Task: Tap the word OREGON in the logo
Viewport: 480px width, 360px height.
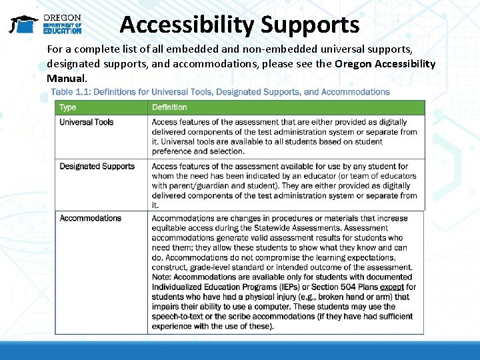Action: click(x=62, y=18)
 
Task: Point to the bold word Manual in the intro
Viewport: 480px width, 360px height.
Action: click(x=66, y=78)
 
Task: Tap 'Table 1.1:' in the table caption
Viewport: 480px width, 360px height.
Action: click(x=71, y=92)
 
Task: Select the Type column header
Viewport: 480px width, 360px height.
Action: click(x=68, y=107)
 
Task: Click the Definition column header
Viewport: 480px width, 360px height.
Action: click(x=169, y=107)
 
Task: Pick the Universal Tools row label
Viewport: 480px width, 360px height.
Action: click(x=87, y=123)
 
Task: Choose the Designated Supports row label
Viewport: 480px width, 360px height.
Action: click(x=97, y=167)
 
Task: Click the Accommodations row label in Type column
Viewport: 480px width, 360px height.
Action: click(x=91, y=219)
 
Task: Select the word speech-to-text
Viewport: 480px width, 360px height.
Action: click(x=179, y=317)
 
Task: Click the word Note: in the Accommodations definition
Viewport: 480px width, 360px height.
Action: click(x=162, y=277)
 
